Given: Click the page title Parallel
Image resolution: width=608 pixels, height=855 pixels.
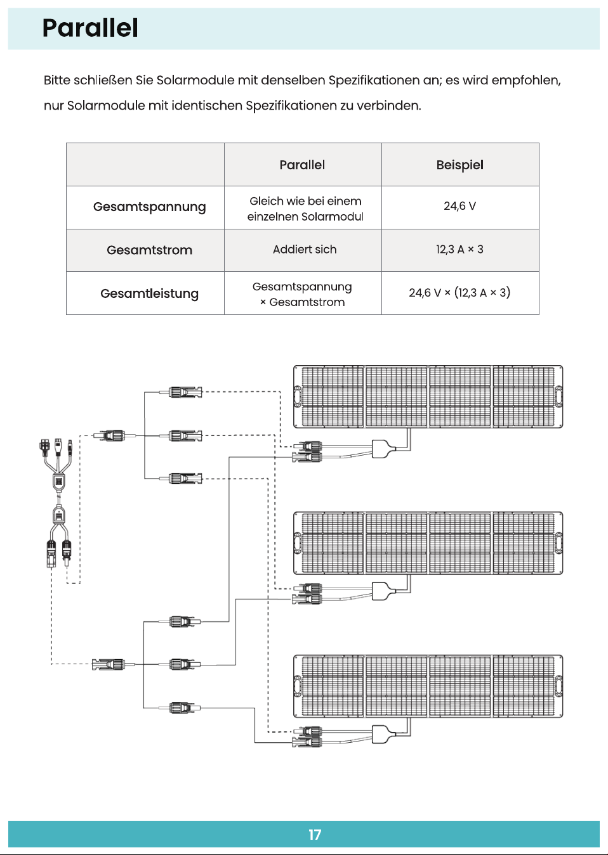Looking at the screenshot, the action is (x=90, y=29).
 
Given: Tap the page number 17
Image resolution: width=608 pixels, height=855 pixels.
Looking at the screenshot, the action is (x=315, y=835).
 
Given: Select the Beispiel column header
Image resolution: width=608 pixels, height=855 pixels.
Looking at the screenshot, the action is (x=459, y=165).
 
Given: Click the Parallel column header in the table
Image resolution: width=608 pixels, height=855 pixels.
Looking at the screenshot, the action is (x=302, y=165).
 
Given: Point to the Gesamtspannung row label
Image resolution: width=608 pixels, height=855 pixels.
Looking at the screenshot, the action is (x=149, y=207).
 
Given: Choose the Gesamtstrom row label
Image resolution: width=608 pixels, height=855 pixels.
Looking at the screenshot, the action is (x=149, y=250).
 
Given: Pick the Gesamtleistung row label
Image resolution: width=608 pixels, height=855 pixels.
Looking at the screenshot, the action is (x=149, y=293).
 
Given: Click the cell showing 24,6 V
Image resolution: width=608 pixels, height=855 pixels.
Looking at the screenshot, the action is (x=459, y=206).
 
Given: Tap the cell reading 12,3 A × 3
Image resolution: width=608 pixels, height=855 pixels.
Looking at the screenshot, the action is (x=459, y=249).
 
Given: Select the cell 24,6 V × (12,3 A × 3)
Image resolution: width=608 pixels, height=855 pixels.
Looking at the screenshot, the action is (x=459, y=293).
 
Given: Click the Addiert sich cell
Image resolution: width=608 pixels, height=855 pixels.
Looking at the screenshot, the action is (x=305, y=249).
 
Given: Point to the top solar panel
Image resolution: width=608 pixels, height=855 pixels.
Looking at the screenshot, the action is (x=428, y=397).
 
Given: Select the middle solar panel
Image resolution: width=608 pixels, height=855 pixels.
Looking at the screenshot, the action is (x=428, y=543).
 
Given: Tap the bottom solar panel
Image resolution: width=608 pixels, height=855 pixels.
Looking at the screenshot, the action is (x=428, y=686).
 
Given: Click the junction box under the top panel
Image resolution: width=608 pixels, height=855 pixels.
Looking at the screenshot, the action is (x=383, y=449).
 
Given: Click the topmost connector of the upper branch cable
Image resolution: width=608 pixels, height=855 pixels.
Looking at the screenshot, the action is (x=185, y=392).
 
